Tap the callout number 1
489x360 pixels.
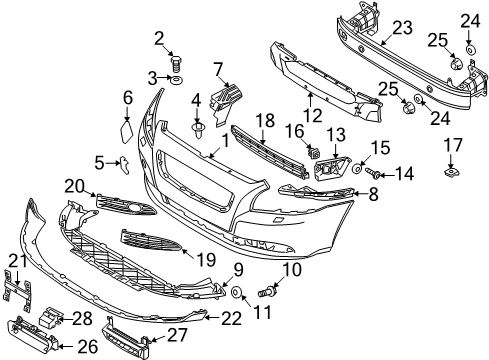225,142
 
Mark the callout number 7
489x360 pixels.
216,68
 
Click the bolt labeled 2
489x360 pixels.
175,62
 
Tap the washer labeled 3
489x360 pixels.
175,77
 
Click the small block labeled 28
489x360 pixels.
51,319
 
